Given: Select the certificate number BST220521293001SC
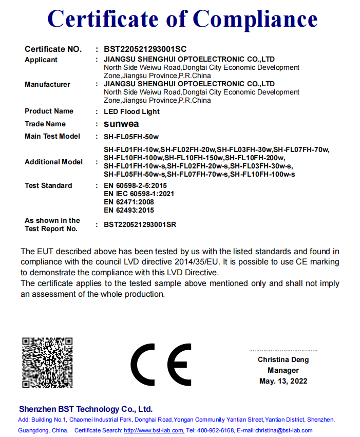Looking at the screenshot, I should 145,49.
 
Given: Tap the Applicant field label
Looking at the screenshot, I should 41,60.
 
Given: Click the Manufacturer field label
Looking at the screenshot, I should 47,84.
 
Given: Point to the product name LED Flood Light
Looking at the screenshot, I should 131,111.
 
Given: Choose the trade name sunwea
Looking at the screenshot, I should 121,124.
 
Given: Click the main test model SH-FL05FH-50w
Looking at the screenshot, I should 131,137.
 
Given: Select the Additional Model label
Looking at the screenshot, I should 53,162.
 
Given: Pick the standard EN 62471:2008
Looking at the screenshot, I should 129,202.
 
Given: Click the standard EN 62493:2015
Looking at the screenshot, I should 129,210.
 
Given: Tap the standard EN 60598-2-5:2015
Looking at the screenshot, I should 136,185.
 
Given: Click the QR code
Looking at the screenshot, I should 47,363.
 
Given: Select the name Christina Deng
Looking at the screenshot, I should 283,360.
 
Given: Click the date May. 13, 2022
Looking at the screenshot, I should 283,381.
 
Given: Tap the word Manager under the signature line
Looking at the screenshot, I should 283,370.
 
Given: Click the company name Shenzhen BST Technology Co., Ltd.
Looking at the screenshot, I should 86,409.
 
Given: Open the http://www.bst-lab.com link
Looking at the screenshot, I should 154,430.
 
